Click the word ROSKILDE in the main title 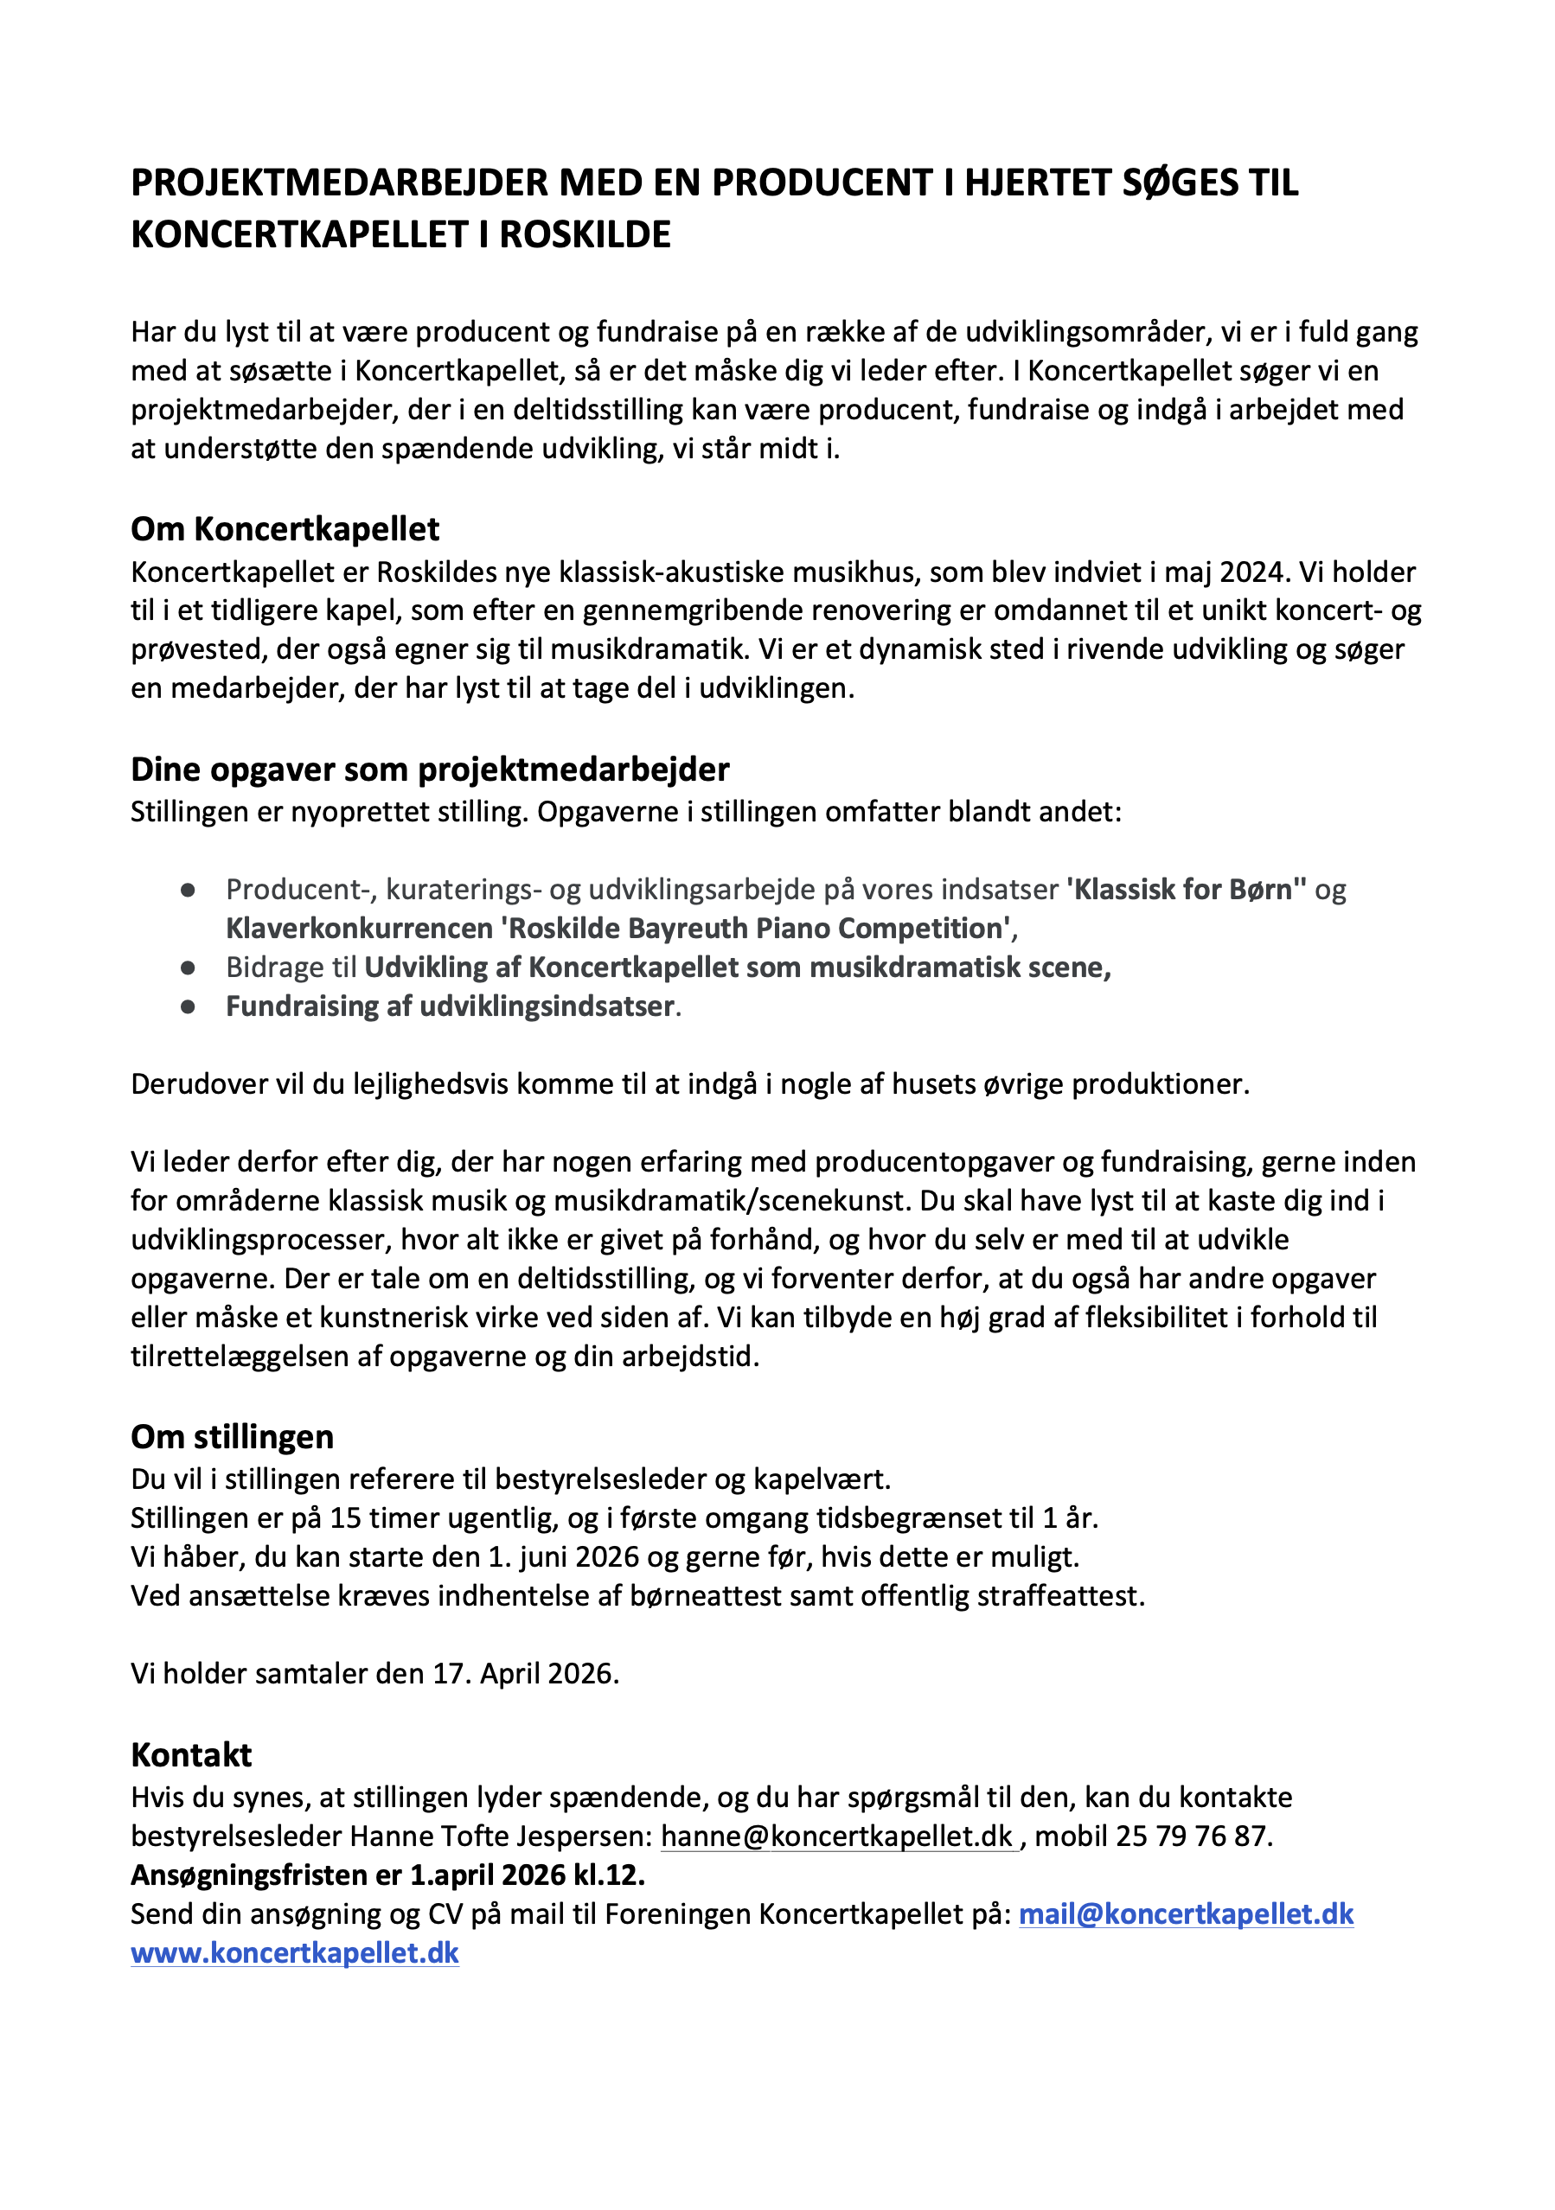pos(585,235)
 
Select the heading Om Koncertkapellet pos(285,528)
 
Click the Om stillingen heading pos(232,1436)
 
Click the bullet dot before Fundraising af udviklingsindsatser pos(189,1006)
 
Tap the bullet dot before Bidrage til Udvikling pos(189,968)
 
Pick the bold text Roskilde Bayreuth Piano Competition pos(756,928)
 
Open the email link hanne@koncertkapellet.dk pos(836,1836)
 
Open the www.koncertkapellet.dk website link pos(295,1953)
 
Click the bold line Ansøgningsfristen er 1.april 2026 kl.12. pos(387,1875)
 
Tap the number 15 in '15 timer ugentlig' pos(346,1518)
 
